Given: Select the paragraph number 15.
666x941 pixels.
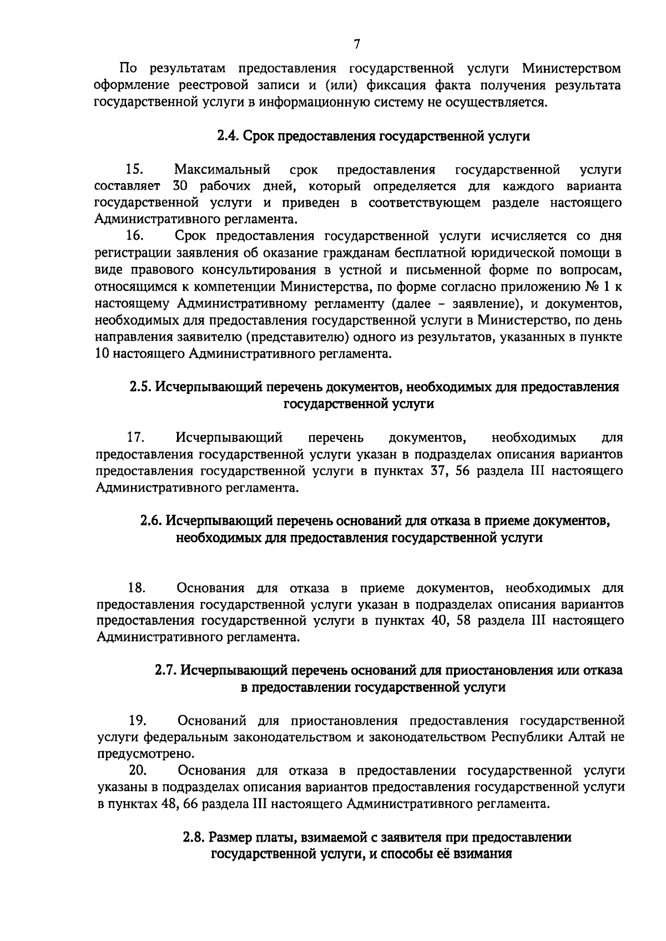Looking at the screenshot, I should (x=135, y=169).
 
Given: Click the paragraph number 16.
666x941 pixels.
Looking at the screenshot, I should (x=135, y=236).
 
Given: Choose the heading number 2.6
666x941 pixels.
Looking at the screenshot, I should (x=150, y=521).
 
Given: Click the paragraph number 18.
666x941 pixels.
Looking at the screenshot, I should (x=137, y=588).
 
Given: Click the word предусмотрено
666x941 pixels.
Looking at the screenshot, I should (x=146, y=754).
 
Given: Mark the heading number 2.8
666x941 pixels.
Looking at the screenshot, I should (x=194, y=838).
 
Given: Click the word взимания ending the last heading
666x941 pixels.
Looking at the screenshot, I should (x=482, y=854).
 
